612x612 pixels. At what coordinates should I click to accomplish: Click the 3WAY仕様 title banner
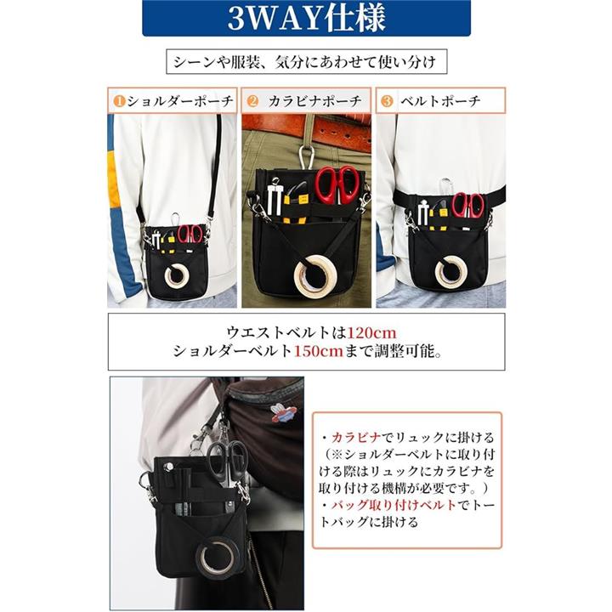coord(306,19)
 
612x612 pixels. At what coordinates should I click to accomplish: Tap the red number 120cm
coord(371,333)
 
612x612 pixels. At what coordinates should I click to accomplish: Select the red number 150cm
coord(318,351)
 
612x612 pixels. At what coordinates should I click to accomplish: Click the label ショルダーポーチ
coord(180,101)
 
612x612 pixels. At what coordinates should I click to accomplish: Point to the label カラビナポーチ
coord(314,101)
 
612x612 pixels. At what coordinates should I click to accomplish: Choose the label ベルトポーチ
coord(440,101)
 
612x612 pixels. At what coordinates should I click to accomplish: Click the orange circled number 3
coord(387,101)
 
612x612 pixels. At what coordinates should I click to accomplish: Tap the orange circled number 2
coord(253,101)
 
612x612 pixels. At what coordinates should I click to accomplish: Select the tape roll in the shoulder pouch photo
coord(177,275)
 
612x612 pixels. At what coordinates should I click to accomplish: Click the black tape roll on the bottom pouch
coord(218,555)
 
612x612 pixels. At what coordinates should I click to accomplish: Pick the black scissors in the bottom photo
coord(226,462)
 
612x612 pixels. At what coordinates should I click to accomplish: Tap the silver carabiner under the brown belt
coord(308,157)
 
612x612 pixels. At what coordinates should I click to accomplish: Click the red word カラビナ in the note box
coord(355,438)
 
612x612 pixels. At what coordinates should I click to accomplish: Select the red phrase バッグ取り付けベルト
coord(394,505)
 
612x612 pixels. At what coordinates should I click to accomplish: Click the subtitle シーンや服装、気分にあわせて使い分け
coord(306,62)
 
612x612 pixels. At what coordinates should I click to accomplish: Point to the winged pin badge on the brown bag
coord(283,415)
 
